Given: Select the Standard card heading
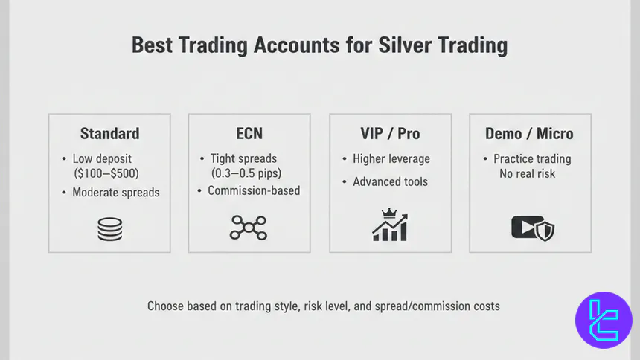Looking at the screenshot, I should click(109, 134).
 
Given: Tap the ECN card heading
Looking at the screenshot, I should click(249, 134).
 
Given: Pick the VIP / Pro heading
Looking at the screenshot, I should click(390, 134).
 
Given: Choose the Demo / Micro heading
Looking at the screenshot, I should click(529, 134).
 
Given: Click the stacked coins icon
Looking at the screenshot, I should click(109, 228).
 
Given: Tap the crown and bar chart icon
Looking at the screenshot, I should click(390, 225).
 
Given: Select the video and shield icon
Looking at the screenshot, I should click(533, 228).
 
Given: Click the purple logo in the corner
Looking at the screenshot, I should click(604, 320).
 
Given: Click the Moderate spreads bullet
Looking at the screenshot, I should click(115, 193).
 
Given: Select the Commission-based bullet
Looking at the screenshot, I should click(253, 191).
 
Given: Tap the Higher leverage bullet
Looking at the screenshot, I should click(391, 158).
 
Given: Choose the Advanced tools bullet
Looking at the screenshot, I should click(391, 181).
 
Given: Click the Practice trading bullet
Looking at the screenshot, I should click(532, 158).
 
